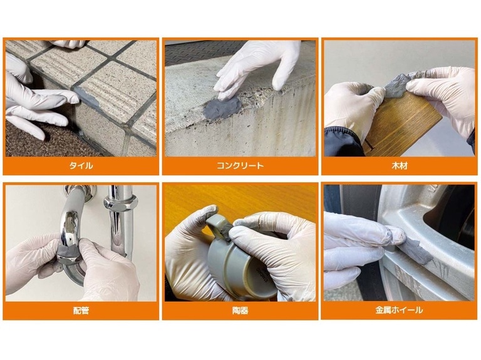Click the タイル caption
81,166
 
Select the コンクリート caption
240,166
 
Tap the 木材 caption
400,166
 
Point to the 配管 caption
81,311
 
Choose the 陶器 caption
240,311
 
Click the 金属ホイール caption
400,310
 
